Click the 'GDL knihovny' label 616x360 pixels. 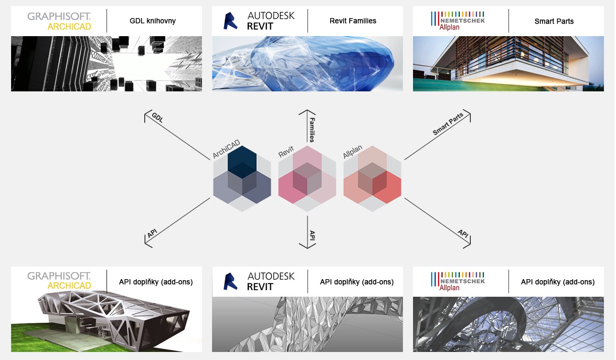click(x=153, y=21)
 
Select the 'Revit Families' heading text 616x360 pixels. click(x=353, y=21)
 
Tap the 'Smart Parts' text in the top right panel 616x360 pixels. click(x=554, y=22)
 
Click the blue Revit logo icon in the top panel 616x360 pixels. click(x=230, y=21)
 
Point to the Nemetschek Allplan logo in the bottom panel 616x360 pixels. click(x=458, y=282)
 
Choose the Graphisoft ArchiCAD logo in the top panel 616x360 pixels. click(x=59, y=21)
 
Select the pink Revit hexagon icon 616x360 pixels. click(x=307, y=179)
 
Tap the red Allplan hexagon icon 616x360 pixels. click(x=372, y=179)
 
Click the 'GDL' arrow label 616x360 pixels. click(x=158, y=117)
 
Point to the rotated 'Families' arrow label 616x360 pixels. click(x=312, y=130)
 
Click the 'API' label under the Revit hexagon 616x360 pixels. click(x=312, y=235)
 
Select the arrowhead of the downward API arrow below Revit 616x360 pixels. click(x=307, y=248)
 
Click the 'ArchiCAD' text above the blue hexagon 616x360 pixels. click(x=227, y=149)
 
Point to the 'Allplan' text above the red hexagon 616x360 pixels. click(x=353, y=152)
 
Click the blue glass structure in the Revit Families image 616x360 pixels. click(x=308, y=64)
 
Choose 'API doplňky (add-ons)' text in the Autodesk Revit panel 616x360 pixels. click(x=357, y=282)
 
